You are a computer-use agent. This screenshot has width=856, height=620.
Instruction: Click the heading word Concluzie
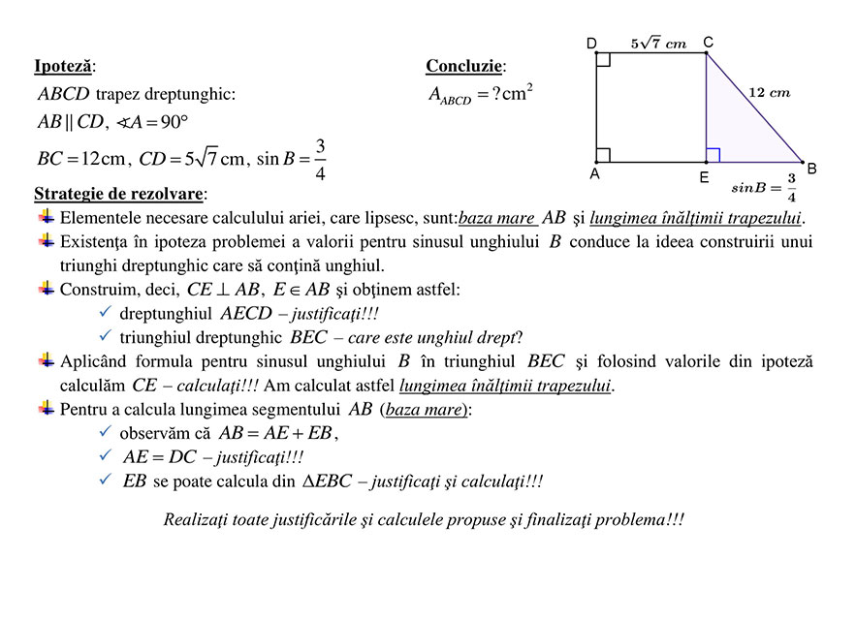pos(464,66)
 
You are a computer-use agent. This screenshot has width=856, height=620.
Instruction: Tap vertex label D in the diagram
pos(591,43)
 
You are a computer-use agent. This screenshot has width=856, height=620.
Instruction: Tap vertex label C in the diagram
pos(708,42)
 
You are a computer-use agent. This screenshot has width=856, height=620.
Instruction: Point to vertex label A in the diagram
pos(594,175)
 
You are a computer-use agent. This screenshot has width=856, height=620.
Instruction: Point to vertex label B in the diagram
pos(811,169)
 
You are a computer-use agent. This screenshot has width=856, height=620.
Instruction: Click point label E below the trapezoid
pos(704,178)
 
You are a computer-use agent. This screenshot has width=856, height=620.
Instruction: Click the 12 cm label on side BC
pos(770,93)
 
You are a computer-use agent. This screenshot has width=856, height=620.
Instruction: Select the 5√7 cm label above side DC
pos(657,43)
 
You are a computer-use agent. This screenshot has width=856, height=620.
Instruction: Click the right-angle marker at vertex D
pos(603,60)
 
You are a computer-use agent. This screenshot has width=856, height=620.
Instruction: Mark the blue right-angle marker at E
pos(713,155)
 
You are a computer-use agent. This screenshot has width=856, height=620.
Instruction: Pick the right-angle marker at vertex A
pos(603,155)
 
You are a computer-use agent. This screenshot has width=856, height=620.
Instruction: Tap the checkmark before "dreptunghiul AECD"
pos(106,313)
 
